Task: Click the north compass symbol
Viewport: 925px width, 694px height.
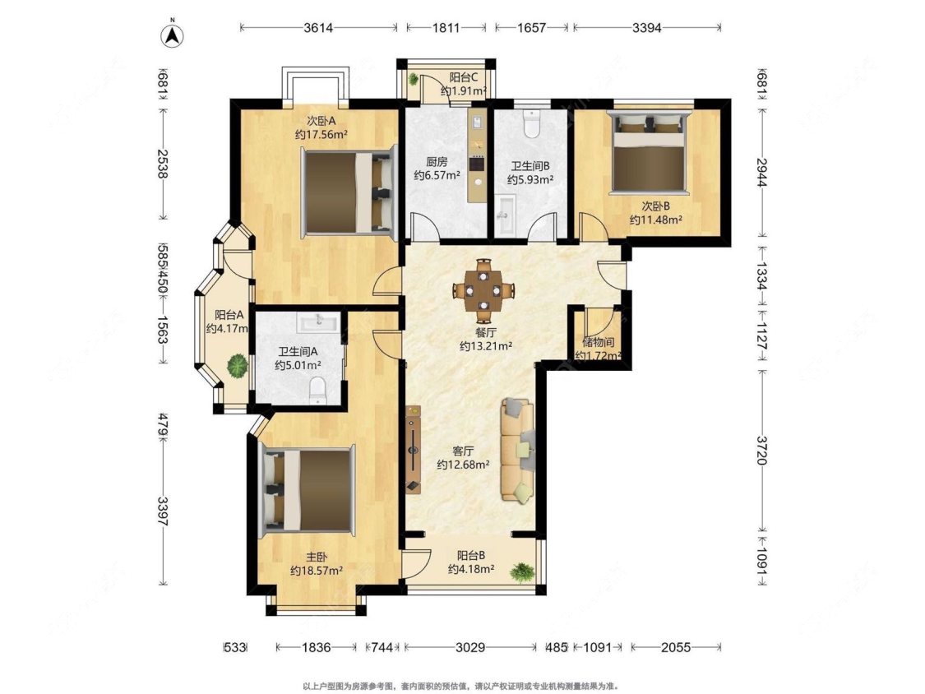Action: [x=173, y=34]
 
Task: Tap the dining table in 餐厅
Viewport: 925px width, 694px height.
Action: [x=483, y=291]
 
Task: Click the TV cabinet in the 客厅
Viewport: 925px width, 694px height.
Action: [x=413, y=449]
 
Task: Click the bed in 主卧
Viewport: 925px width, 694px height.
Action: [x=308, y=488]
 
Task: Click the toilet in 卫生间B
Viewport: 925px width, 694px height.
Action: [x=532, y=124]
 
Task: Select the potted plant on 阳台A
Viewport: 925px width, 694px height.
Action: [x=237, y=365]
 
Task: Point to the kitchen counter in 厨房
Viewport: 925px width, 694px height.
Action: [x=477, y=156]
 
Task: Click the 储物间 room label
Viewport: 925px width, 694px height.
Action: [x=598, y=343]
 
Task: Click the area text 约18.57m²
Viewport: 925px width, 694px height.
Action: [x=317, y=570]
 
